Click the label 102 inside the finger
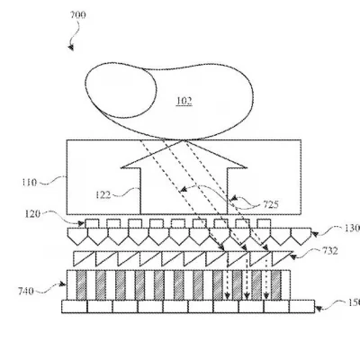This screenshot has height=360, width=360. (x=184, y=102)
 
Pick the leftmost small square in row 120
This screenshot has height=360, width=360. (x=93, y=222)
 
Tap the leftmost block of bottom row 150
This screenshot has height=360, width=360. (x=75, y=307)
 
